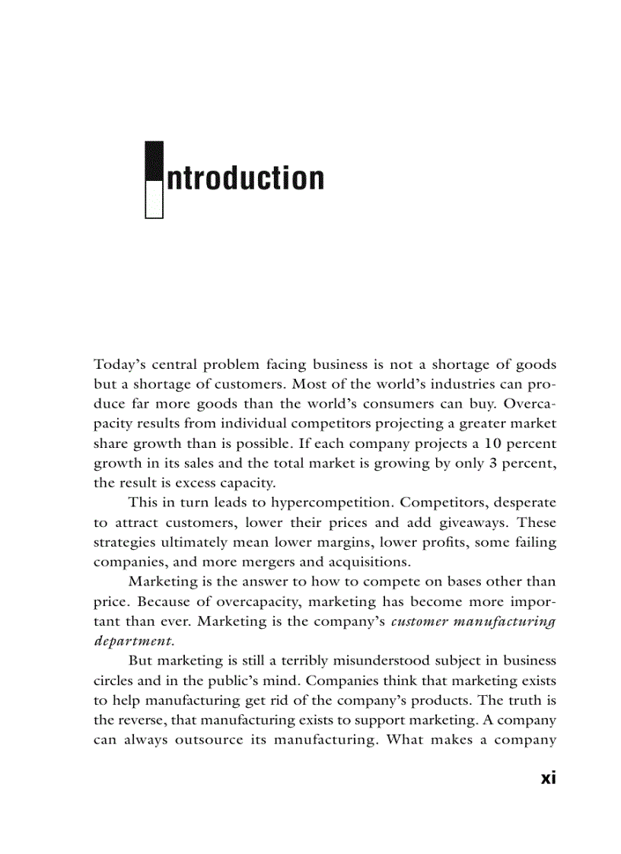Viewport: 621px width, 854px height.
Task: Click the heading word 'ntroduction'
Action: [x=245, y=179]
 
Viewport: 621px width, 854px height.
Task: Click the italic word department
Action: [x=133, y=641]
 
